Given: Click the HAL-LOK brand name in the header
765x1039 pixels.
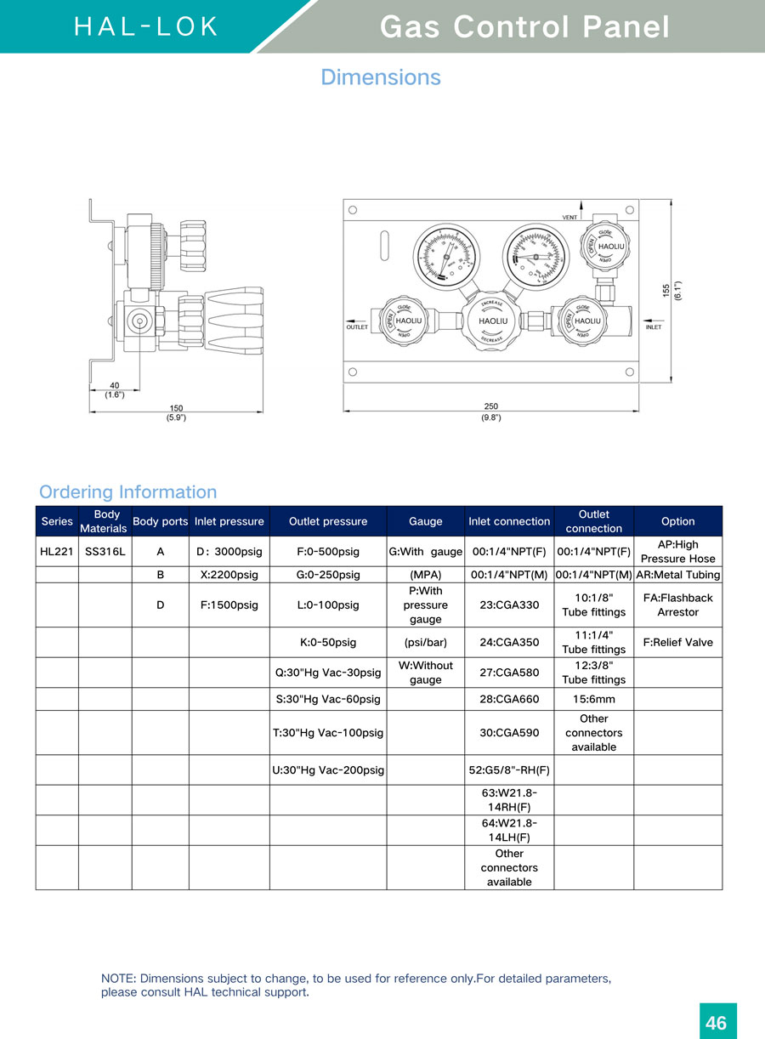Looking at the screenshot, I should coord(146,26).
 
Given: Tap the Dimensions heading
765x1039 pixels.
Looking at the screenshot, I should coord(381,77).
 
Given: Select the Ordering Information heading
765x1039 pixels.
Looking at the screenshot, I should coord(127,491).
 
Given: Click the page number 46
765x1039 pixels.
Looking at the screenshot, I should coord(717,1022).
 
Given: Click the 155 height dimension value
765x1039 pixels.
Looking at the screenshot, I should coord(666,290).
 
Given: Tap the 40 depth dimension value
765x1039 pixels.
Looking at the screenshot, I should coord(114,385).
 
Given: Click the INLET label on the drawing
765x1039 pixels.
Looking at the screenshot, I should coord(654,326).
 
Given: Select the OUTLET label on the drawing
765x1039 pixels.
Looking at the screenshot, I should coord(358,326).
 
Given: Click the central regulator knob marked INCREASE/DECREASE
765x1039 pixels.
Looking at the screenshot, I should coord(492,321).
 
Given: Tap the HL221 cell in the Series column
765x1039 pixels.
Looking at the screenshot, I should coord(57,551).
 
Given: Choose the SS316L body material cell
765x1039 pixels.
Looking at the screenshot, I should coord(105,551).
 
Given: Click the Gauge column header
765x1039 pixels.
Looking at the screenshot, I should coord(425,521).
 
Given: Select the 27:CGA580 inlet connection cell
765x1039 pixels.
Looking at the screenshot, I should coord(509,673).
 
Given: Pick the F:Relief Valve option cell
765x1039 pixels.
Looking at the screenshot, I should coord(677,642).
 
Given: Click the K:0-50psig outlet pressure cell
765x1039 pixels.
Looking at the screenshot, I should coord(327,642).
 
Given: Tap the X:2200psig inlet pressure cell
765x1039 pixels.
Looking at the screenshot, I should coord(229,575).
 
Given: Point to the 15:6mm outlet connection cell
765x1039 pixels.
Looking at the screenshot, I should coord(593,700).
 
